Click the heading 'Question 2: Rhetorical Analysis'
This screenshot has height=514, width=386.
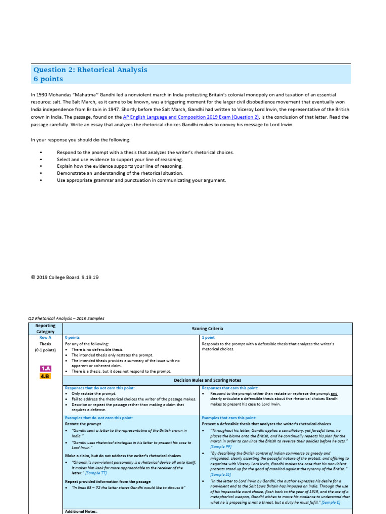90,70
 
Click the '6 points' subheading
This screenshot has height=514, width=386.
48,79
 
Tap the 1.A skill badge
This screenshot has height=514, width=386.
46,368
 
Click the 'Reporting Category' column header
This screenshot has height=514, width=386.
46,328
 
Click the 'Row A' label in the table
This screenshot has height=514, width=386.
46,338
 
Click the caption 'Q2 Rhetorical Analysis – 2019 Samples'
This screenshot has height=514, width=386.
66,318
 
